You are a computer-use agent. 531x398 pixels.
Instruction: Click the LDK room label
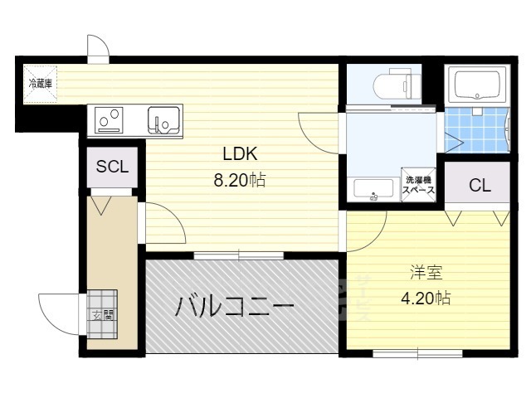[241, 153]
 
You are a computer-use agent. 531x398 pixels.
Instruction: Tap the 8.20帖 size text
[241, 180]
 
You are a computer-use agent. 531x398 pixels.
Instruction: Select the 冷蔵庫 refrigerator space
[40, 84]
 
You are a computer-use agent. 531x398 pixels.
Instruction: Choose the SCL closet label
[112, 166]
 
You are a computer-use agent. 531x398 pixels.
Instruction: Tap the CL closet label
[480, 186]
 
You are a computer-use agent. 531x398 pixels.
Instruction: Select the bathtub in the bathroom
[478, 84]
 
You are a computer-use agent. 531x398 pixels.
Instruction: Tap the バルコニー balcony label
[235, 308]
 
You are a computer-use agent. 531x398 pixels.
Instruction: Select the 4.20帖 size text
[426, 298]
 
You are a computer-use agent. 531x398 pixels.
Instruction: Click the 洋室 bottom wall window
[406, 353]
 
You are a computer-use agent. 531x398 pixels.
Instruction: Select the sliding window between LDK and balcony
[239, 255]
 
